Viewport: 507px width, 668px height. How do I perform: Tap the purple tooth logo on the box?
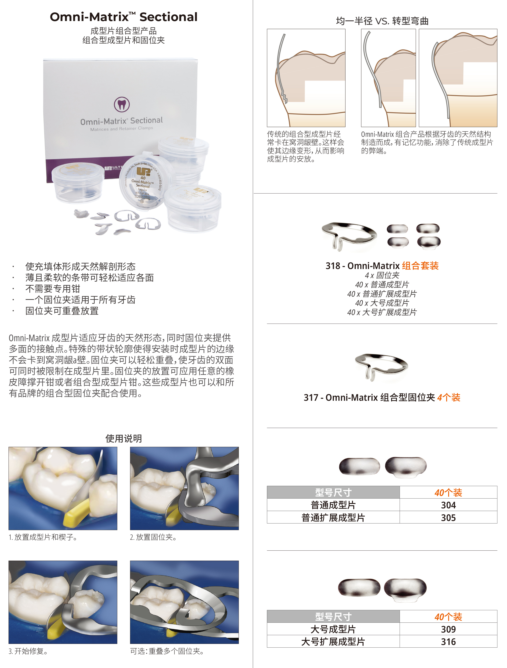pos(122,104)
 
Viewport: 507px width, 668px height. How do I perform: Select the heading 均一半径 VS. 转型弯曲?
pos(382,21)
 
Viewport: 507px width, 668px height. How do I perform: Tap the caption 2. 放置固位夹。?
pos(153,537)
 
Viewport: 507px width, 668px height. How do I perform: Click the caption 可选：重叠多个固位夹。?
pos(167,651)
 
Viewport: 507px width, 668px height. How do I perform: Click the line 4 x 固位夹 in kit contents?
pos(382,275)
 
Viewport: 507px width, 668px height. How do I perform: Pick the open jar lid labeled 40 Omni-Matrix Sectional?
pos(142,181)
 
